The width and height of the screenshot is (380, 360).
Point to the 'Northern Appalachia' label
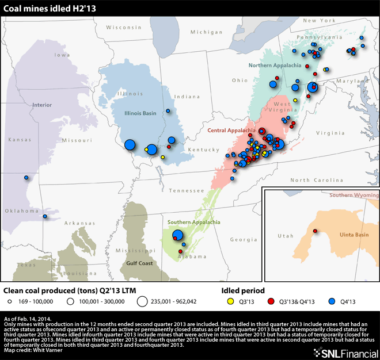pyautogui.click(x=275, y=66)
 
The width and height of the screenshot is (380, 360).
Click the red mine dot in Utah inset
pyautogui.click(x=315, y=231)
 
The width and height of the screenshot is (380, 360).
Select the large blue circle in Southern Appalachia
pyautogui.click(x=178, y=235)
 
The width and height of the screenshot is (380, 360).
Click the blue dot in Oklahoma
pyautogui.click(x=44, y=216)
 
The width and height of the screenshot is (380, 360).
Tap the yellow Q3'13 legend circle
pyautogui.click(x=229, y=301)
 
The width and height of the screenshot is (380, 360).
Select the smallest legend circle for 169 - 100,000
pyautogui.click(x=10, y=301)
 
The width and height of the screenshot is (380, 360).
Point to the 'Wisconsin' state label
pyautogui.click(x=123, y=28)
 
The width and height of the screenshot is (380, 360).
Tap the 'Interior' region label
pyautogui.click(x=42, y=105)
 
